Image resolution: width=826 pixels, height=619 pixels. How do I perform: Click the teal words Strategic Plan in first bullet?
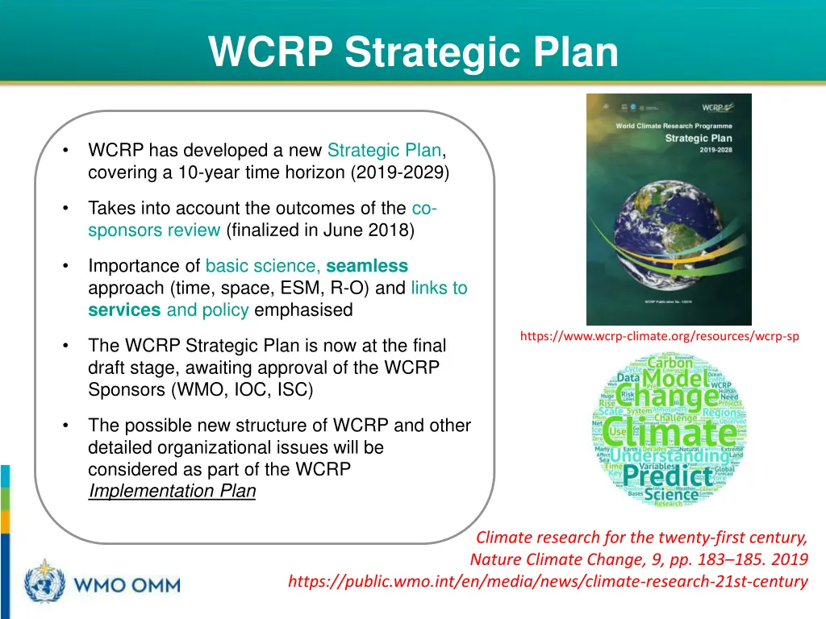(x=384, y=151)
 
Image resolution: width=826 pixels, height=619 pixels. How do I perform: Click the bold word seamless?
(x=367, y=266)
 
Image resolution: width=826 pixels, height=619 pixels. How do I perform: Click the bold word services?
(x=124, y=310)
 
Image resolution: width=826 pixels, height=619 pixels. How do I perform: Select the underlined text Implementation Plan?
(x=172, y=491)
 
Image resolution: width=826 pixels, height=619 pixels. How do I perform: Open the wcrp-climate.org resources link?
(x=659, y=337)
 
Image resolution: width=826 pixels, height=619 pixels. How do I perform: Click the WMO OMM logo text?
(x=127, y=584)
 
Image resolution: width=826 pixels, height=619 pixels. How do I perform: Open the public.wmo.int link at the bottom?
(x=548, y=581)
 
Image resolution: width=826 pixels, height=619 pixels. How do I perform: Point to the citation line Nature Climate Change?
(x=637, y=559)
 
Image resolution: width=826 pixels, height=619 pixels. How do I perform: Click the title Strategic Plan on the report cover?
(x=698, y=138)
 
